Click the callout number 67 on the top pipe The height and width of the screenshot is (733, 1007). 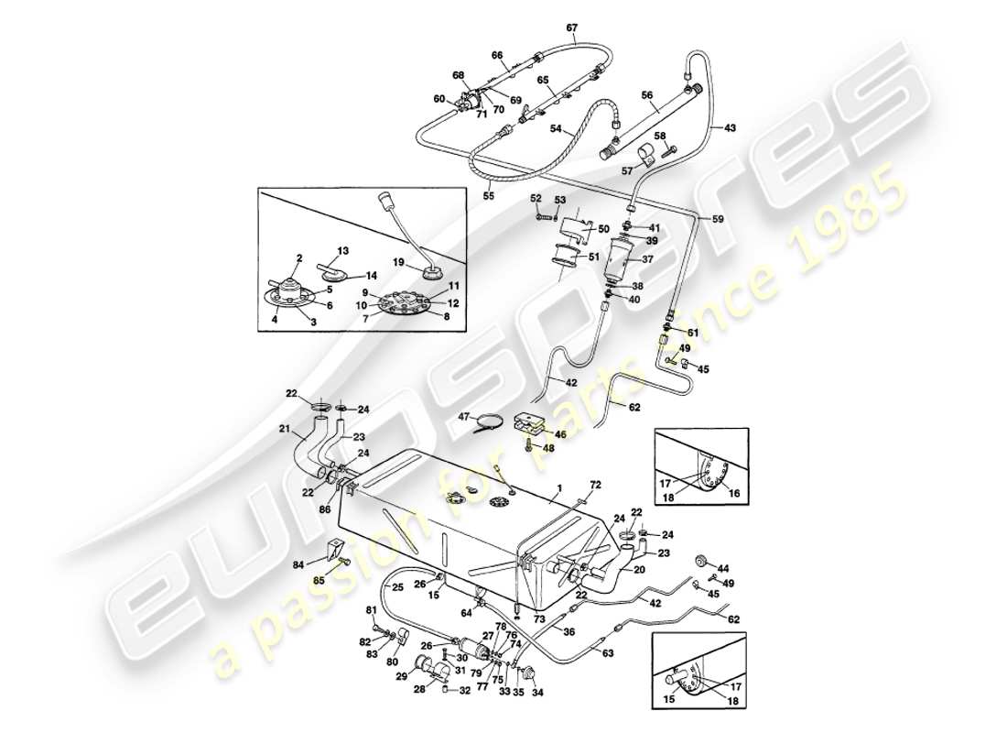click(571, 27)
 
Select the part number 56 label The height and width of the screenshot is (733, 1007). click(646, 94)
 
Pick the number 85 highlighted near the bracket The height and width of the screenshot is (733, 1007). click(319, 580)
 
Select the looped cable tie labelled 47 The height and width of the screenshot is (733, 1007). click(489, 422)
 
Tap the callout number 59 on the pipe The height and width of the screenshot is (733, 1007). click(719, 219)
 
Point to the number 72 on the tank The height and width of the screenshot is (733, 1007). click(595, 483)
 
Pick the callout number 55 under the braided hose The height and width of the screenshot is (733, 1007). click(489, 196)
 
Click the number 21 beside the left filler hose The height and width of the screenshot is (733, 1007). click(284, 430)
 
